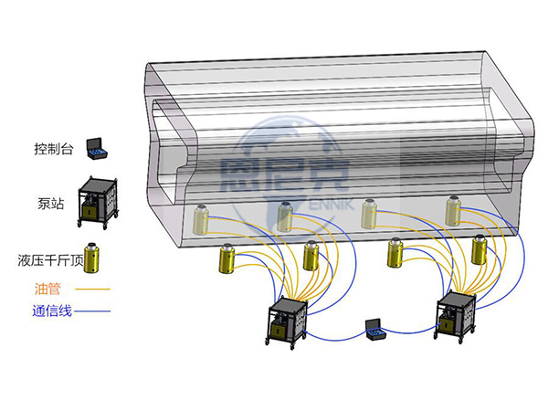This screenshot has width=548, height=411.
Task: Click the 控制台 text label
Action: [x=54, y=149]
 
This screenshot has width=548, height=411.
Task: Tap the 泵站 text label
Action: [x=51, y=204]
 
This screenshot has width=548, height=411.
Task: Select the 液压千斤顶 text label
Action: [x=51, y=260]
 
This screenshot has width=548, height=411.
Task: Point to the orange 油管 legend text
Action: [x=47, y=289]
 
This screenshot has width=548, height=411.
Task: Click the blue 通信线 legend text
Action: [x=52, y=311]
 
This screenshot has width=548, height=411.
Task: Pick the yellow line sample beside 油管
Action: [x=93, y=289]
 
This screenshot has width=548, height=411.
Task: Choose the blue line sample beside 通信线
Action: [x=92, y=311]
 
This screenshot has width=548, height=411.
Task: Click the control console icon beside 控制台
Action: [x=97, y=149]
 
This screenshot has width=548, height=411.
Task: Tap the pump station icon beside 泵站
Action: [x=99, y=203]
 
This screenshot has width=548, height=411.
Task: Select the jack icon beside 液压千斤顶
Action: [x=91, y=258]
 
